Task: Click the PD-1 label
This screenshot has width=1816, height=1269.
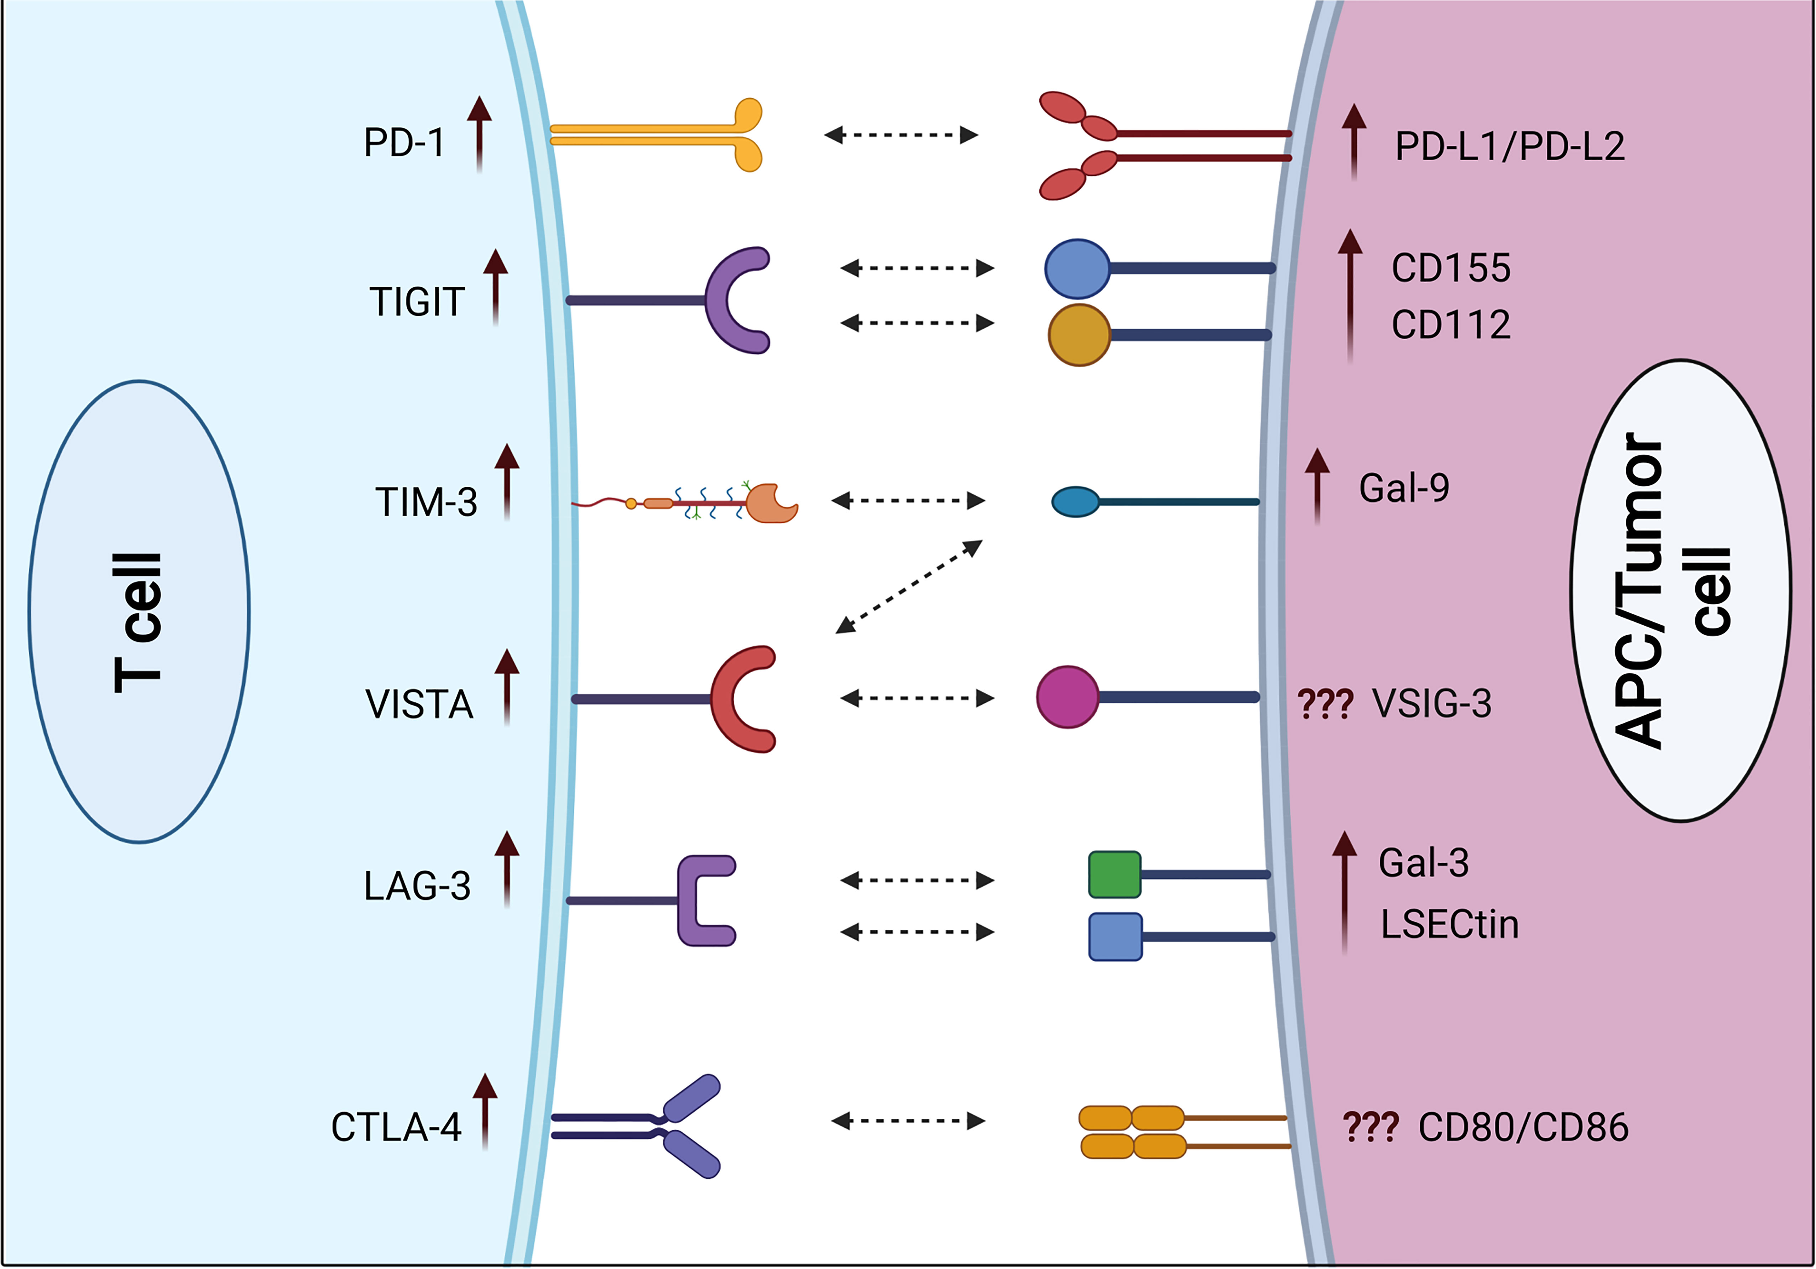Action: coord(404,143)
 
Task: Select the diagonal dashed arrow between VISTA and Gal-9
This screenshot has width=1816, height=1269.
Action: coord(909,586)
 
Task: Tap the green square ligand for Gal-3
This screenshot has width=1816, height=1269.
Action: coord(1115,874)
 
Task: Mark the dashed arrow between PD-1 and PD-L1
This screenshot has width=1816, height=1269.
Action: coord(901,135)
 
